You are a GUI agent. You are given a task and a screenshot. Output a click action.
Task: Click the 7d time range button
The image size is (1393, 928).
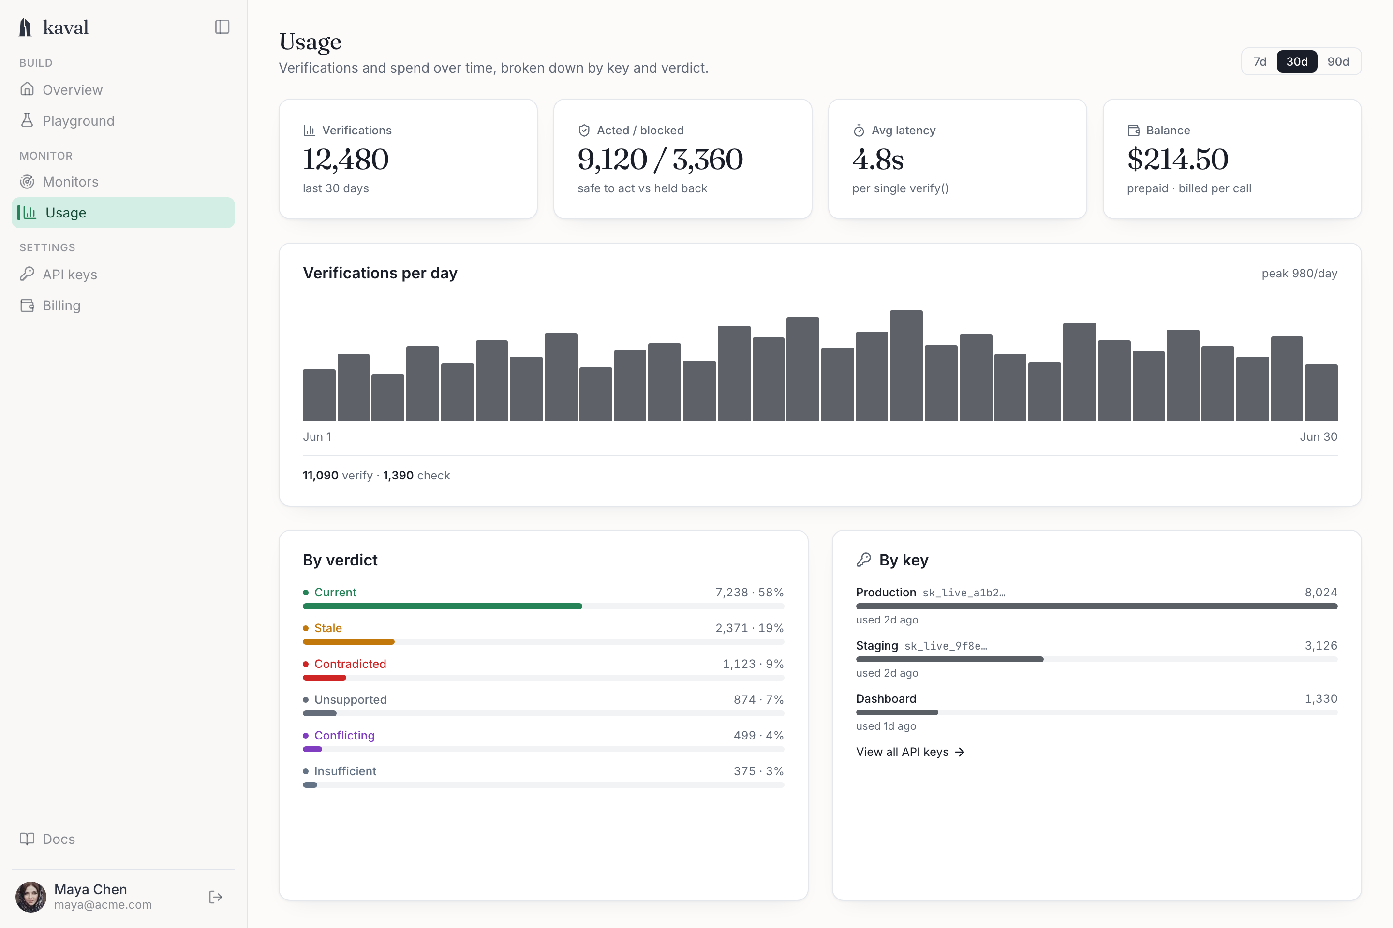(1260, 61)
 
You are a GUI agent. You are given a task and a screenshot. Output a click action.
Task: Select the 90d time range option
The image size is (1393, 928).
(1338, 61)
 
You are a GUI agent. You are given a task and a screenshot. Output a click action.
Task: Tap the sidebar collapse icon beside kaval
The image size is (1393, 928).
(222, 27)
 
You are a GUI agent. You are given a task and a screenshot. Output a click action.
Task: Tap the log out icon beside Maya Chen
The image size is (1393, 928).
(216, 897)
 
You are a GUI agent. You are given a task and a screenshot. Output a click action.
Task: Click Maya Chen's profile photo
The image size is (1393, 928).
(31, 897)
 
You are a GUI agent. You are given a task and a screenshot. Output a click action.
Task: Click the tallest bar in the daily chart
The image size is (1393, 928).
(906, 366)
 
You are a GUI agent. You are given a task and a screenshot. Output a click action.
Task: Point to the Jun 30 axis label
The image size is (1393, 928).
(1319, 437)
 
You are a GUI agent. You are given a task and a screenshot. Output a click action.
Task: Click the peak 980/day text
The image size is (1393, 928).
(1300, 274)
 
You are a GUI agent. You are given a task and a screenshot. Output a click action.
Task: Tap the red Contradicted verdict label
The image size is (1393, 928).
(350, 664)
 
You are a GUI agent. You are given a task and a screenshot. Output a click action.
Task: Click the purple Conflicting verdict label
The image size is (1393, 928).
(344, 736)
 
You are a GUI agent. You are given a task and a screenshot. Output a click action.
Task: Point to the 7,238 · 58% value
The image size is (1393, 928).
(749, 593)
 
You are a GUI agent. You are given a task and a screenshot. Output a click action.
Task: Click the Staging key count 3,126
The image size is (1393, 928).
(1321, 646)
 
